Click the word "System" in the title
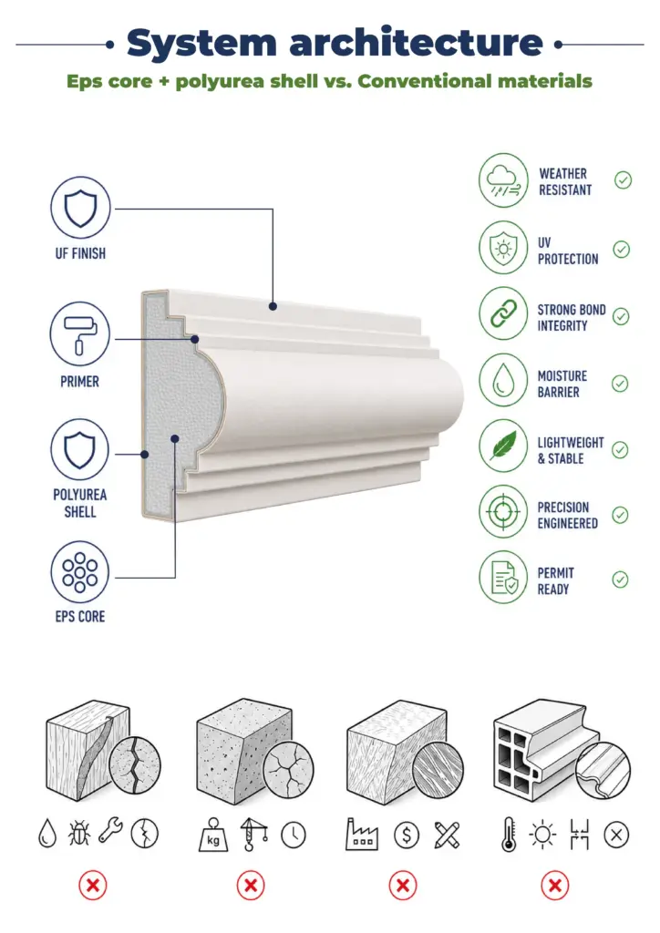tap(202, 44)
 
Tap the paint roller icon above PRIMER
tap(79, 333)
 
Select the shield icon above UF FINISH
tap(80, 207)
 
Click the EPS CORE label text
tap(80, 617)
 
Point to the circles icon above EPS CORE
tap(79, 572)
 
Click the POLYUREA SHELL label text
tap(79, 503)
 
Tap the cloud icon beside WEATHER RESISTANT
tap(503, 180)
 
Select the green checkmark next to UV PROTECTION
tap(622, 250)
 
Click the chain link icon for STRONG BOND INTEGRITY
tap(503, 313)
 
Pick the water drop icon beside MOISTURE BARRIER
tap(503, 380)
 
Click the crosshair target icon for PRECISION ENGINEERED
tap(503, 512)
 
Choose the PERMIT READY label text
tap(555, 580)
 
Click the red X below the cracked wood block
tap(93, 886)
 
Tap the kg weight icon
tap(213, 835)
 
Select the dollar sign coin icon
tap(407, 836)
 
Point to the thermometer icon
tap(509, 835)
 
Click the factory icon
tap(361, 835)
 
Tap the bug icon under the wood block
tap(78, 834)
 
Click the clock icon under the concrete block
tap(294, 836)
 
